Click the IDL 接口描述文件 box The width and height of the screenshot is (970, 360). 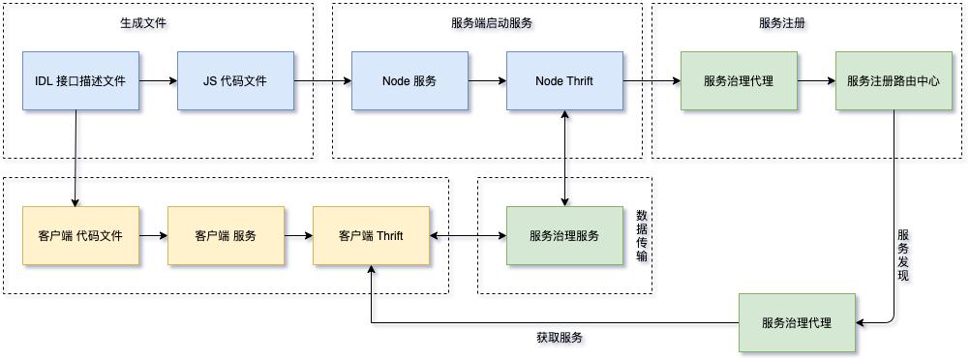click(x=80, y=81)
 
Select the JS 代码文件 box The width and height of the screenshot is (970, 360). click(x=235, y=81)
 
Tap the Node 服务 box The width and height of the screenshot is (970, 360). click(x=409, y=81)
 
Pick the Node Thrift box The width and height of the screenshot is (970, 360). click(x=564, y=81)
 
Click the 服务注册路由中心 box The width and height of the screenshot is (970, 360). click(x=893, y=81)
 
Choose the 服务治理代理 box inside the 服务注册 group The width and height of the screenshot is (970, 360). click(x=739, y=81)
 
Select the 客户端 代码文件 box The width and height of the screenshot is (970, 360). click(x=80, y=236)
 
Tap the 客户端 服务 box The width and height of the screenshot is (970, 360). click(x=226, y=236)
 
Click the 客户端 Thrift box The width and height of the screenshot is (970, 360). click(x=371, y=236)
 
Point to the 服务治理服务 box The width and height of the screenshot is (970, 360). click(x=564, y=236)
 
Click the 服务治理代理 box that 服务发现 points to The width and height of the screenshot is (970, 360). click(x=797, y=322)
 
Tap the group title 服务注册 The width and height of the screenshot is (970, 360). click(x=782, y=22)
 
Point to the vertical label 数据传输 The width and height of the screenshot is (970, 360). click(x=642, y=236)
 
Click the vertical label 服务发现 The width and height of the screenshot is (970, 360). click(x=903, y=255)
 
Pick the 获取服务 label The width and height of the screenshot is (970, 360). click(x=560, y=338)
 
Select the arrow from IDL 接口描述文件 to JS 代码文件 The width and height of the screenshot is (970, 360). click(x=158, y=81)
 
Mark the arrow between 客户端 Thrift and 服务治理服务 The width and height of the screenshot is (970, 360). click(x=468, y=236)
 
